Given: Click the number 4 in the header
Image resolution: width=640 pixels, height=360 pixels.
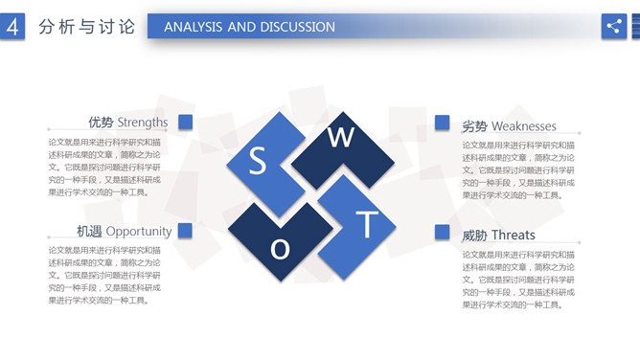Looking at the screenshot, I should (13, 28).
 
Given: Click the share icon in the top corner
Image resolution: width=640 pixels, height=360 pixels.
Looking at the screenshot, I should (613, 27).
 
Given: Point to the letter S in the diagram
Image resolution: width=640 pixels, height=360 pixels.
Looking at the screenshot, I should (257, 161).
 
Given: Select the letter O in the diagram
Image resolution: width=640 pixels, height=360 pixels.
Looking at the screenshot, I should (280, 249).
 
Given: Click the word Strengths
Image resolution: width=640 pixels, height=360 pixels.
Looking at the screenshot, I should (142, 123).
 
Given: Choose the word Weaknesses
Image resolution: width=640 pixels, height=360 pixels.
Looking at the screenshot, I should (523, 126).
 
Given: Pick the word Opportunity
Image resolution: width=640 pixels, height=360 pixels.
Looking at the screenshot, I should (139, 231).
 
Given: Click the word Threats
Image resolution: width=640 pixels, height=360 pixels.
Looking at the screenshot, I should (514, 235).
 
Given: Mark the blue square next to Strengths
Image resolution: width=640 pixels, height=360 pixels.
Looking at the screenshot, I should (186, 122).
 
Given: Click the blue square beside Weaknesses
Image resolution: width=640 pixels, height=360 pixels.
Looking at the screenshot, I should (442, 122).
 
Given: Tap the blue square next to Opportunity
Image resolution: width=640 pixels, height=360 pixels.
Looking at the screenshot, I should (186, 230).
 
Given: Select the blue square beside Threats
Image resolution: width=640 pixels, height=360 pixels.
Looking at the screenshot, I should (442, 232).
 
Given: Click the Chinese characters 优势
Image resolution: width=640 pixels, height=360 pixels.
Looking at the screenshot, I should (101, 123).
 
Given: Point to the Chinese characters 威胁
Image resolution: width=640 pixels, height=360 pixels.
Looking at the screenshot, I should (474, 235).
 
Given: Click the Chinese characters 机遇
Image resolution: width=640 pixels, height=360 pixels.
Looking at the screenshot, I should (90, 231).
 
